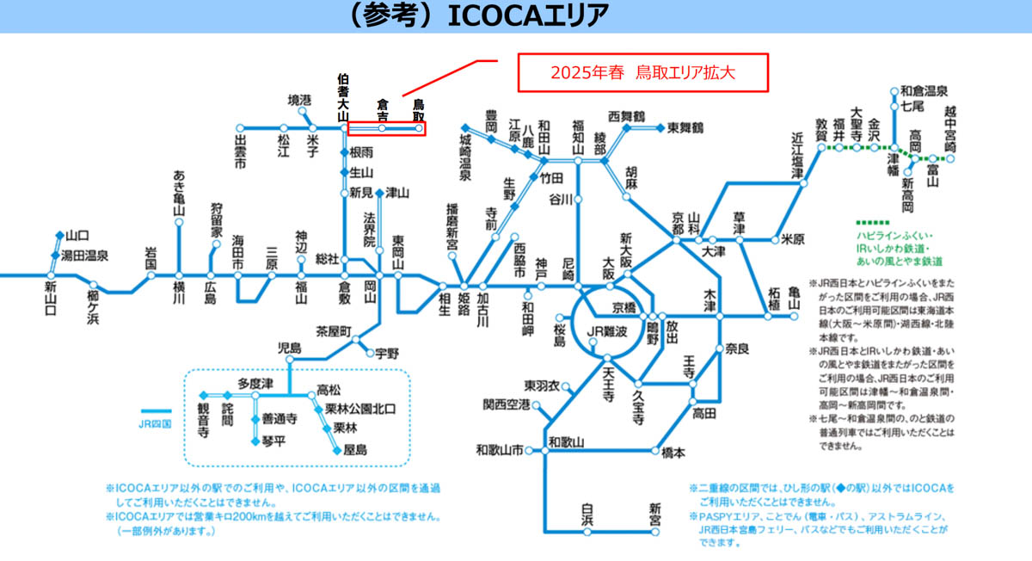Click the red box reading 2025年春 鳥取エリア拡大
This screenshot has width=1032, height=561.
click(x=642, y=73)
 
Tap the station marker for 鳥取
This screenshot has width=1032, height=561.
click(x=418, y=128)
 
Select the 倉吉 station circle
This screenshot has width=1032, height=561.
click(x=382, y=128)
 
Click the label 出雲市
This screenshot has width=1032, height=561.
click(x=240, y=151)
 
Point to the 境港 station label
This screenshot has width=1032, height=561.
click(x=299, y=100)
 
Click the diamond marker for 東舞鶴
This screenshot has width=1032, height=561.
click(x=660, y=127)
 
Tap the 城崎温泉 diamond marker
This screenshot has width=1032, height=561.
click(x=465, y=127)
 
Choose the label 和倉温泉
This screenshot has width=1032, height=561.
click(x=924, y=91)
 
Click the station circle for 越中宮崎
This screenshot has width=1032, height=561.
click(x=949, y=159)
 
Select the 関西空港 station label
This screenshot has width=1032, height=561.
click(x=507, y=404)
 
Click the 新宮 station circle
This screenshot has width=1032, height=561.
click(x=654, y=532)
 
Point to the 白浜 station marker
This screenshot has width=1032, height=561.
click(x=587, y=532)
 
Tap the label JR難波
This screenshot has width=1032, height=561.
click(x=607, y=331)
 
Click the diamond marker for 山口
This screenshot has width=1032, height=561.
click(x=59, y=236)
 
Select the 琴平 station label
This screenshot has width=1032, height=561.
click(x=273, y=441)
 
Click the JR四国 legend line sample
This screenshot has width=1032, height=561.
click(x=157, y=411)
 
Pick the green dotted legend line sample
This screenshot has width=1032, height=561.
click(x=873, y=223)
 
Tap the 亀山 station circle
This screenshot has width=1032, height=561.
click(x=793, y=317)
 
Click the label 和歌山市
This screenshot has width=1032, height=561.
click(x=500, y=450)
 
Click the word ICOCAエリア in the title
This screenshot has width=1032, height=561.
click(x=528, y=15)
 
